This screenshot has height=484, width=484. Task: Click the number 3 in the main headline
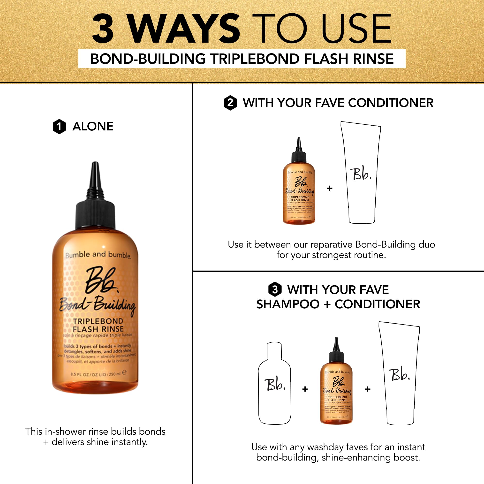(x=103, y=29)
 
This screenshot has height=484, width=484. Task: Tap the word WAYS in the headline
(x=184, y=29)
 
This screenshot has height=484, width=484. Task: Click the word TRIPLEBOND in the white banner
(x=255, y=59)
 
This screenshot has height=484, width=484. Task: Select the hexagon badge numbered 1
(x=59, y=127)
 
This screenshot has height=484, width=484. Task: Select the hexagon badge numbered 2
(x=230, y=103)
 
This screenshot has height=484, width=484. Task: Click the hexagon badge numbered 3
(x=275, y=290)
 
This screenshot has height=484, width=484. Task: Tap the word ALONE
(x=93, y=126)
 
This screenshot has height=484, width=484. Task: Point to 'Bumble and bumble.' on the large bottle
(x=98, y=255)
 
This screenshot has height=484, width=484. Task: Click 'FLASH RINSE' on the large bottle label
(x=98, y=329)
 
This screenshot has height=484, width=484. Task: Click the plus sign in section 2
(x=330, y=188)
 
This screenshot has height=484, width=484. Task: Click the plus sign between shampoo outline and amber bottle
(x=305, y=389)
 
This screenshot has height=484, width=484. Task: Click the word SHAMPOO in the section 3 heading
(x=288, y=304)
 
